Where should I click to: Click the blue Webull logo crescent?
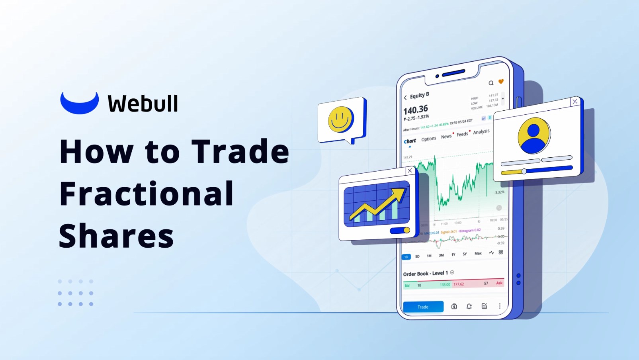pos(79,104)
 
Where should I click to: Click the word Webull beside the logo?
pos(143,104)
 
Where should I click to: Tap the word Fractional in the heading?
pos(147,194)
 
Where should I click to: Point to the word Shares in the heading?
pos(116,236)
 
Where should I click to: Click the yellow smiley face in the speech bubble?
pos(340,119)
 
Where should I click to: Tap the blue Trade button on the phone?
pos(423,307)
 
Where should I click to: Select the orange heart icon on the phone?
pos(501,82)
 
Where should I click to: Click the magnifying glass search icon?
pos(491,83)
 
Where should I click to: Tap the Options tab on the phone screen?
pos(428,139)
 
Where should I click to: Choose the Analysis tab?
pos(481,132)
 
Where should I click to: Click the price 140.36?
pos(416,110)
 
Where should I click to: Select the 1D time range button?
pos(406,257)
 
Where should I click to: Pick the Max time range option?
pos(478,253)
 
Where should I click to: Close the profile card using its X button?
pos(575,102)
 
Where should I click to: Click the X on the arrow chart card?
pos(410,170)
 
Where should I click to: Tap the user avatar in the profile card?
pos(533,135)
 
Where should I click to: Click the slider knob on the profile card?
pos(524,171)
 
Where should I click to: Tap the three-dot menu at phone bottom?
pos(500,306)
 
